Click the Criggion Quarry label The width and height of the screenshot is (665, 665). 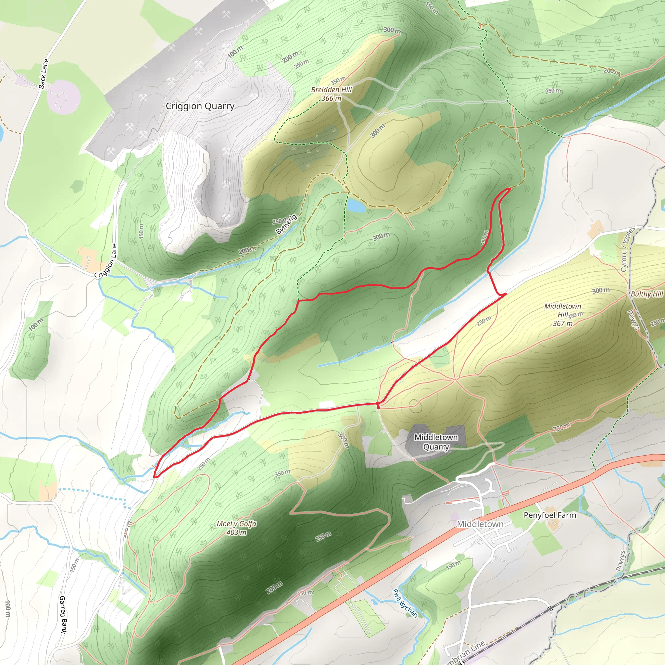(200, 106)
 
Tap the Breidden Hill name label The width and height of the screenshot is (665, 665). (331, 90)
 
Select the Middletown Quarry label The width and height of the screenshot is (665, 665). (436, 442)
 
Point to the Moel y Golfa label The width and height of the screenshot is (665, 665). (236, 523)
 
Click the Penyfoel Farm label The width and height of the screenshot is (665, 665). (550, 515)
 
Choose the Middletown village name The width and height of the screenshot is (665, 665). (480, 524)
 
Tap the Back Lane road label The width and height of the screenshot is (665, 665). (44, 74)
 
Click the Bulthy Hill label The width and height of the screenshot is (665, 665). (646, 294)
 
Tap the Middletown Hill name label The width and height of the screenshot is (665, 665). (562, 310)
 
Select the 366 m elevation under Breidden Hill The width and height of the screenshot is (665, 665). (331, 98)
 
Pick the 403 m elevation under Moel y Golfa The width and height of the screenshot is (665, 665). (236, 533)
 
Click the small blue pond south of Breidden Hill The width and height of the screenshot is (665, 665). (356, 206)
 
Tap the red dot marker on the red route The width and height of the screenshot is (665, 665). (378, 405)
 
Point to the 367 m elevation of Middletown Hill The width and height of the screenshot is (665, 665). (563, 323)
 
